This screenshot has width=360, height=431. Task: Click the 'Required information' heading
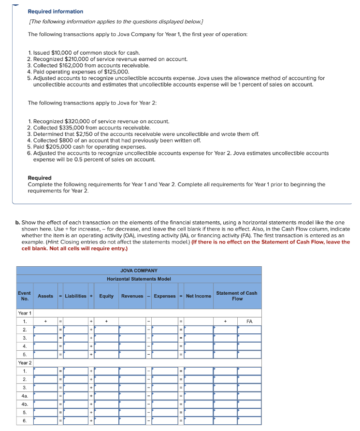55,11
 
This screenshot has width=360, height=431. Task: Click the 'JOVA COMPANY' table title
139,271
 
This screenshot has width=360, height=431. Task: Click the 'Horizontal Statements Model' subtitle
139,279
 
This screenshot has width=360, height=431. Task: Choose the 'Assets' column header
45,296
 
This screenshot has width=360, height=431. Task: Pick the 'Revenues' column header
132,296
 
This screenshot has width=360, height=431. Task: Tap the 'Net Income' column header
198,296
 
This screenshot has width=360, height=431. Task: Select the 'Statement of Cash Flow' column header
237,296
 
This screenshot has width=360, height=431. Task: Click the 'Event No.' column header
24,296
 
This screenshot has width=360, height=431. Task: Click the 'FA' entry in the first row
249,321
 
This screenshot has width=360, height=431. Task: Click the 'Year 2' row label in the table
25,362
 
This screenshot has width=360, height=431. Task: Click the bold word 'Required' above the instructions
40,178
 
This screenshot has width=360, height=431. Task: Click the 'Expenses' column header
164,296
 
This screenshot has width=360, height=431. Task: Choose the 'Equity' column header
106,296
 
